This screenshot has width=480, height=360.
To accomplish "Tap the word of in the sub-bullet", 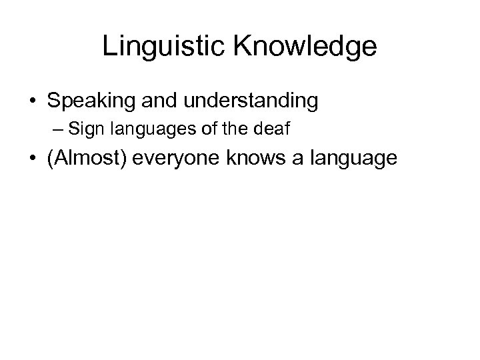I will pyautogui.click(x=235, y=129).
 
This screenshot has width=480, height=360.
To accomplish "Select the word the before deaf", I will pyautogui.click(x=253, y=129).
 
